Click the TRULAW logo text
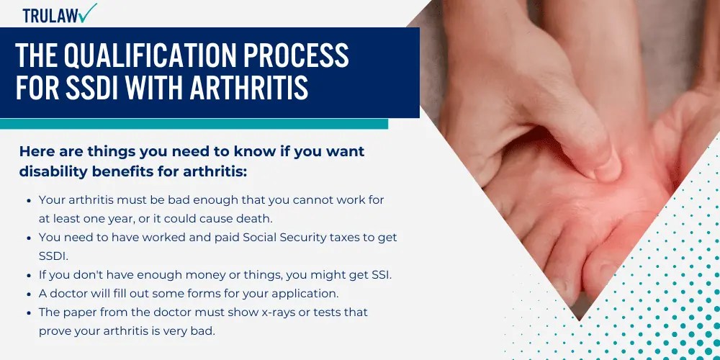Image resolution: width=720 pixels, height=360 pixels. pos(50,14)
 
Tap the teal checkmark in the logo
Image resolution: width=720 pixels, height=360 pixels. pos(89,12)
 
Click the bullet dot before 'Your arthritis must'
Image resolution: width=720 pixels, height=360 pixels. pos(28,199)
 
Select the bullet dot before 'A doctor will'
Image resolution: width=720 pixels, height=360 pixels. pos(28,293)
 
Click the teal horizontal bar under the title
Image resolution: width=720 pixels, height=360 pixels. pos(194,124)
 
